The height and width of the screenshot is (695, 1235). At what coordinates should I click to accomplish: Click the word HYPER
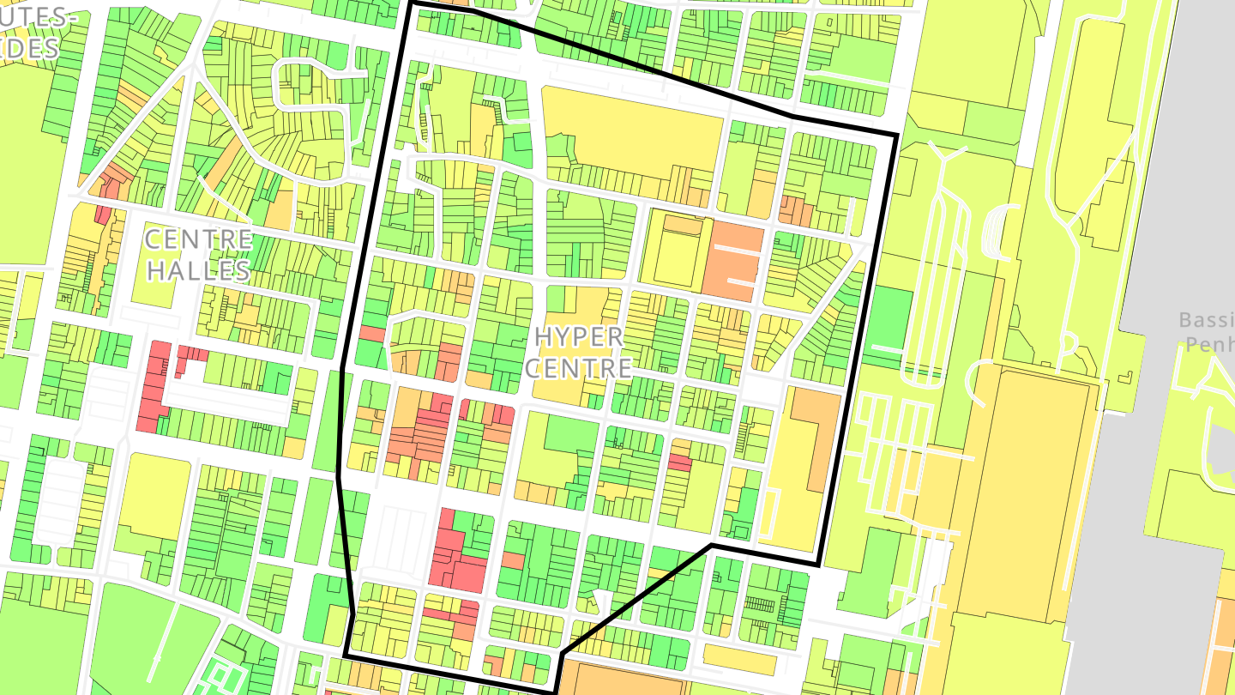click(x=579, y=335)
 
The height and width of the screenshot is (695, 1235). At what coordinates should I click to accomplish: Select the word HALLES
click(x=198, y=270)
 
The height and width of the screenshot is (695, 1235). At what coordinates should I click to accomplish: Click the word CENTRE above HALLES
click(x=198, y=239)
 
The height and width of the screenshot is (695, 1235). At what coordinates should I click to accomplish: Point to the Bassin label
click(x=1206, y=320)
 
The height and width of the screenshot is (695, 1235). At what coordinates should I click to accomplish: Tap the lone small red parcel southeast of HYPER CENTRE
click(x=680, y=462)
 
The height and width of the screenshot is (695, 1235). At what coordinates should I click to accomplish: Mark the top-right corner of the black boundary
click(x=896, y=136)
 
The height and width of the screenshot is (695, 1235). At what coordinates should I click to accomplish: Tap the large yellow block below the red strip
click(x=154, y=497)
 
